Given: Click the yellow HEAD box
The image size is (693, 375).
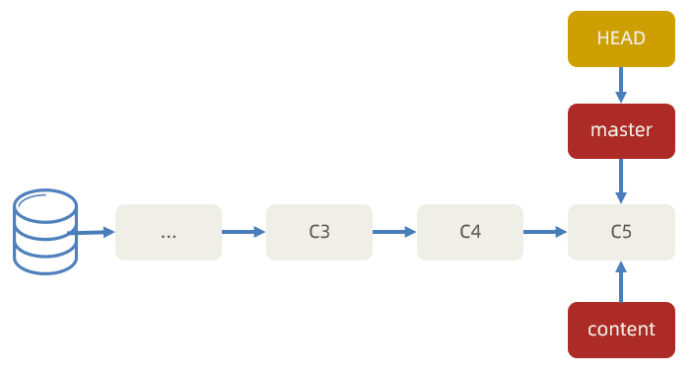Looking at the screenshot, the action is (621, 39).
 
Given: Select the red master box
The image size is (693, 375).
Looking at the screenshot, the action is (621, 131).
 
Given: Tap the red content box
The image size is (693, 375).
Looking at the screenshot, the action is (621, 330).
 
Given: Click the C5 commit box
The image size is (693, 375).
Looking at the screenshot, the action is (621, 233).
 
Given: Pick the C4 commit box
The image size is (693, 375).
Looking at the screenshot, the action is (470, 233).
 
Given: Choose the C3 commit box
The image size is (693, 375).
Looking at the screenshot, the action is (319, 233).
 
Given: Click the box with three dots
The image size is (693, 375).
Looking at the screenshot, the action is (169, 233).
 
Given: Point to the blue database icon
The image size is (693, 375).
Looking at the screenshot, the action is (44, 233).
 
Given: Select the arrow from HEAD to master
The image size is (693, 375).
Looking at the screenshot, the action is (621, 85).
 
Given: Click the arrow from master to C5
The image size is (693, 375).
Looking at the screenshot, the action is (621, 181).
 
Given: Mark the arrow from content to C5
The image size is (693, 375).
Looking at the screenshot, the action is (621, 281).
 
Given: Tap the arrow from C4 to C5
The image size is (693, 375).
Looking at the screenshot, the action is (545, 233).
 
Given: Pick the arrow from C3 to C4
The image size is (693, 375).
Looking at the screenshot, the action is (394, 233).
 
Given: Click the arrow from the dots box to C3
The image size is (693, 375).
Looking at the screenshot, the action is (243, 233).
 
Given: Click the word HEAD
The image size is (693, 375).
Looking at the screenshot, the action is (621, 39).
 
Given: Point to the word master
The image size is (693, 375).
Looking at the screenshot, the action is (621, 130).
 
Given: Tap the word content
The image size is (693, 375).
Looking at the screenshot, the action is (621, 330).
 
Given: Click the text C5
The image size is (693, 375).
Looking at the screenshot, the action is (621, 233).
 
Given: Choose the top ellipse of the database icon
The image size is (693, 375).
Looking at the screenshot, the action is (44, 205).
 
